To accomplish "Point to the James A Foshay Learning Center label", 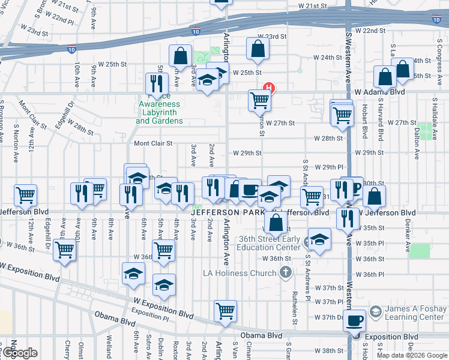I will point(414,312).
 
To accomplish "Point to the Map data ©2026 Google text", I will point(412,355).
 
